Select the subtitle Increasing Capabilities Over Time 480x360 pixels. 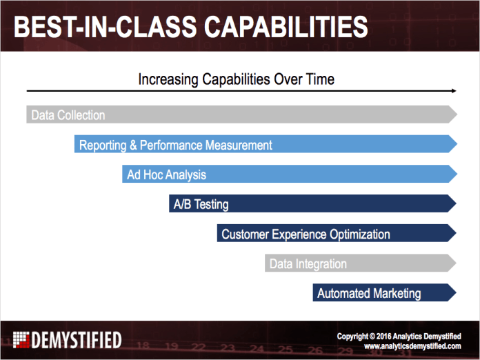(236, 79)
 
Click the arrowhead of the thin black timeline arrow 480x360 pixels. (452, 91)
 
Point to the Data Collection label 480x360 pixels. (68, 115)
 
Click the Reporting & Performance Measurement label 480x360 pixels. (175, 145)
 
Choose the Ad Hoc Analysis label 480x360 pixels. (166, 174)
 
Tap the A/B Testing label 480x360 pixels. (201, 204)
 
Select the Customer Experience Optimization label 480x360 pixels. (306, 234)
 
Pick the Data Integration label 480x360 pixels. (308, 264)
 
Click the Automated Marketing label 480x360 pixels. (368, 294)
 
